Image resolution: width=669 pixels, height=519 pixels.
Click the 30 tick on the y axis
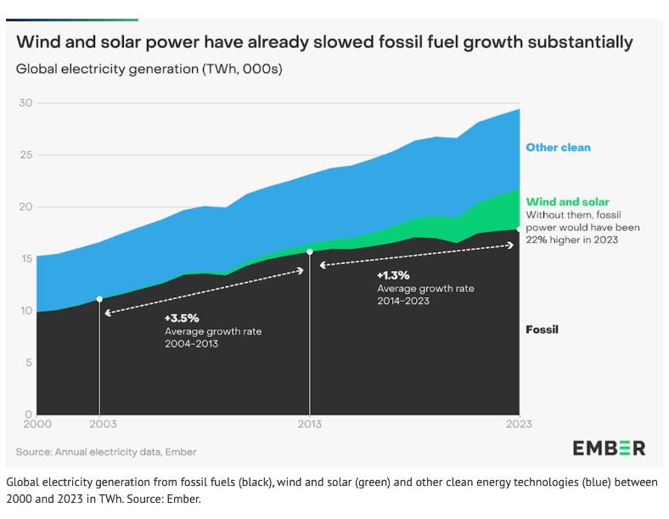25,103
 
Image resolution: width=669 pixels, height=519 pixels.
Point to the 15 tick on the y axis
25,259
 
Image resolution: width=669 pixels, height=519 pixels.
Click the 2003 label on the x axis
100,424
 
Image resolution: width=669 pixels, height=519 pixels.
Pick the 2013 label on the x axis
310,424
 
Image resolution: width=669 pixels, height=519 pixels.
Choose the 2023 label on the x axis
518,424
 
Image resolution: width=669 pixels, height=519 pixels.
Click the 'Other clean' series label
558,148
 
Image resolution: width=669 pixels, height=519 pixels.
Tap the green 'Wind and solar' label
567,202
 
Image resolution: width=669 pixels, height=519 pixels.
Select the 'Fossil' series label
543,330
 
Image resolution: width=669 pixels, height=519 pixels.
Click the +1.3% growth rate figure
393,275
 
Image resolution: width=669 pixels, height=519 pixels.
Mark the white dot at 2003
100,299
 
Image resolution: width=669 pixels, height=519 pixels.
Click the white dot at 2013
310,251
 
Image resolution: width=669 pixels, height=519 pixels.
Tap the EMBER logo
608,448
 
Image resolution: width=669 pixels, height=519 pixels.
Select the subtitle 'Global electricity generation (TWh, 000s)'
149,70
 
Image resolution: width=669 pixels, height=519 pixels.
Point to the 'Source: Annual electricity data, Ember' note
106,452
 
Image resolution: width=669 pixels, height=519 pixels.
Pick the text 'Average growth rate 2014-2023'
425,295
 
